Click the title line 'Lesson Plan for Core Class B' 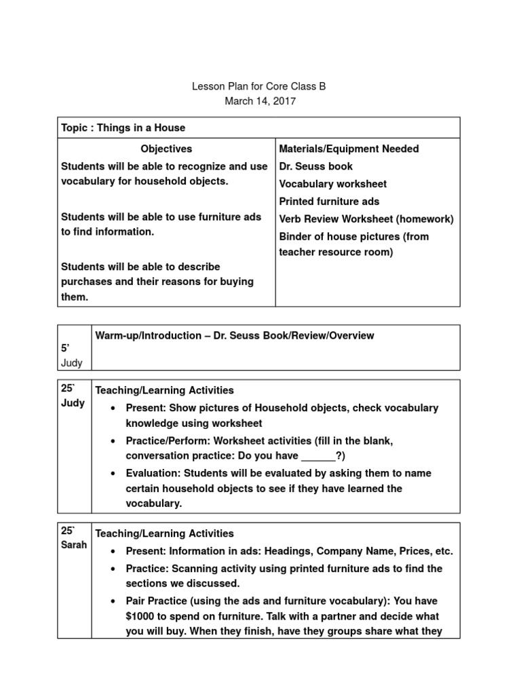pos(260,87)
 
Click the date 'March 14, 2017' pos(260,102)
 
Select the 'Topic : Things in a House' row pos(123,128)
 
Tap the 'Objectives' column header pos(166,149)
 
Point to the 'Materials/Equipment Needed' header pos(349,149)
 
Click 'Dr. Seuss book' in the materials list pos(315,166)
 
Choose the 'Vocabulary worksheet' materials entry pos(332,184)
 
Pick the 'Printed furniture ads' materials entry pos(329,202)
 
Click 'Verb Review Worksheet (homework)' pos(366,219)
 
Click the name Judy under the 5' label pos(72,363)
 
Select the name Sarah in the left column pos(74,545)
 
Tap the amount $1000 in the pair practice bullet pos(140,616)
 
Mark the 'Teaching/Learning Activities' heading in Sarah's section pos(164,533)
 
